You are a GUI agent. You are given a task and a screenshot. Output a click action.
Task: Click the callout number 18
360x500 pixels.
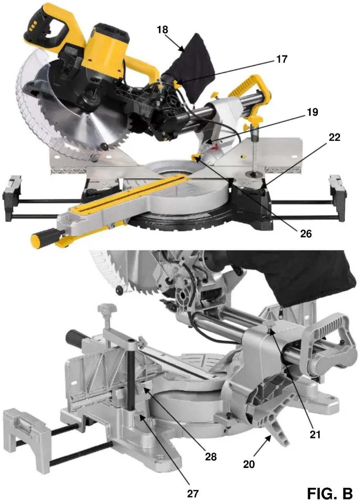click(163, 29)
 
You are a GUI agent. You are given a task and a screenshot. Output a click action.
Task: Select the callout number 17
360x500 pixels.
click(282, 59)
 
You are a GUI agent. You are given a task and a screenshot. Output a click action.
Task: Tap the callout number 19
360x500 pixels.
click(313, 112)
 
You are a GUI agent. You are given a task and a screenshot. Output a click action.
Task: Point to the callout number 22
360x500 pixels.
click(335, 137)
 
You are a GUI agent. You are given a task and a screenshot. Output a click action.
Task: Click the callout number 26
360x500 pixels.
click(306, 234)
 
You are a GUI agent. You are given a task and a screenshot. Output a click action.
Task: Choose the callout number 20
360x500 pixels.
click(249, 464)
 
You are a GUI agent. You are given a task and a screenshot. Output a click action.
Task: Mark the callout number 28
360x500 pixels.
click(211, 457)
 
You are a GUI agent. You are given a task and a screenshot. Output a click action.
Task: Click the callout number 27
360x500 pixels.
click(193, 493)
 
